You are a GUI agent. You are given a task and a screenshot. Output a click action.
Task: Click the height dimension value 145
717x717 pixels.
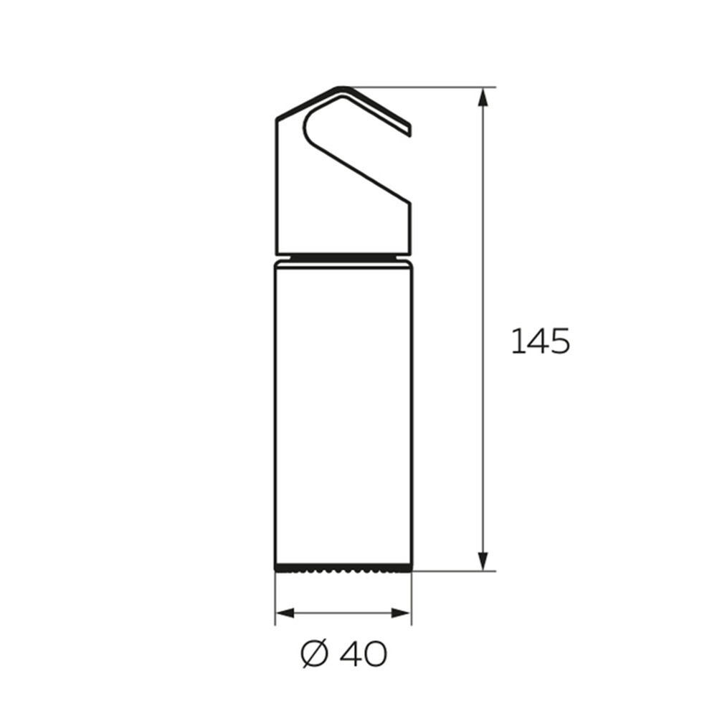(x=540, y=341)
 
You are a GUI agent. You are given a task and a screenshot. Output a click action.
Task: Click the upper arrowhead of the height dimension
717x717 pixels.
(x=483, y=98)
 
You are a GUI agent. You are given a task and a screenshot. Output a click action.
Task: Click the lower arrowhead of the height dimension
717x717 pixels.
(x=483, y=560)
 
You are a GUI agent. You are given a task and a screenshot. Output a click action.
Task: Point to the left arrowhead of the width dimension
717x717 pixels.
(x=285, y=613)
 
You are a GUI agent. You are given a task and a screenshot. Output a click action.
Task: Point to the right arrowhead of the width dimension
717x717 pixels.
(x=401, y=613)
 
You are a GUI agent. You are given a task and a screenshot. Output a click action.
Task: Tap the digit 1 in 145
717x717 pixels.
(x=516, y=341)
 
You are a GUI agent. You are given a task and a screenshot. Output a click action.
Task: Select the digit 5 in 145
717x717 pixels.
(x=559, y=341)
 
